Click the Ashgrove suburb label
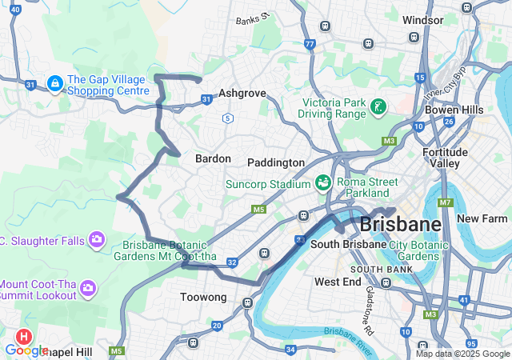point(242,94)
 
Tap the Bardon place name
point(213,158)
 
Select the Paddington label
point(276,162)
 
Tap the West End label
point(338,282)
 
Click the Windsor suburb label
point(423,19)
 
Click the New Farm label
point(482,218)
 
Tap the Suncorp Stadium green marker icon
point(323,182)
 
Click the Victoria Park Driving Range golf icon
point(378,107)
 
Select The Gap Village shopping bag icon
point(55,83)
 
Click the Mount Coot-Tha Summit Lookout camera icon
point(88,287)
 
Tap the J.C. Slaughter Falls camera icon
point(97,239)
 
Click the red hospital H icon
point(25,337)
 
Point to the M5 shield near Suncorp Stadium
point(258,210)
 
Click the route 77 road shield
point(310,44)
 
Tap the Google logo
point(26,350)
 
